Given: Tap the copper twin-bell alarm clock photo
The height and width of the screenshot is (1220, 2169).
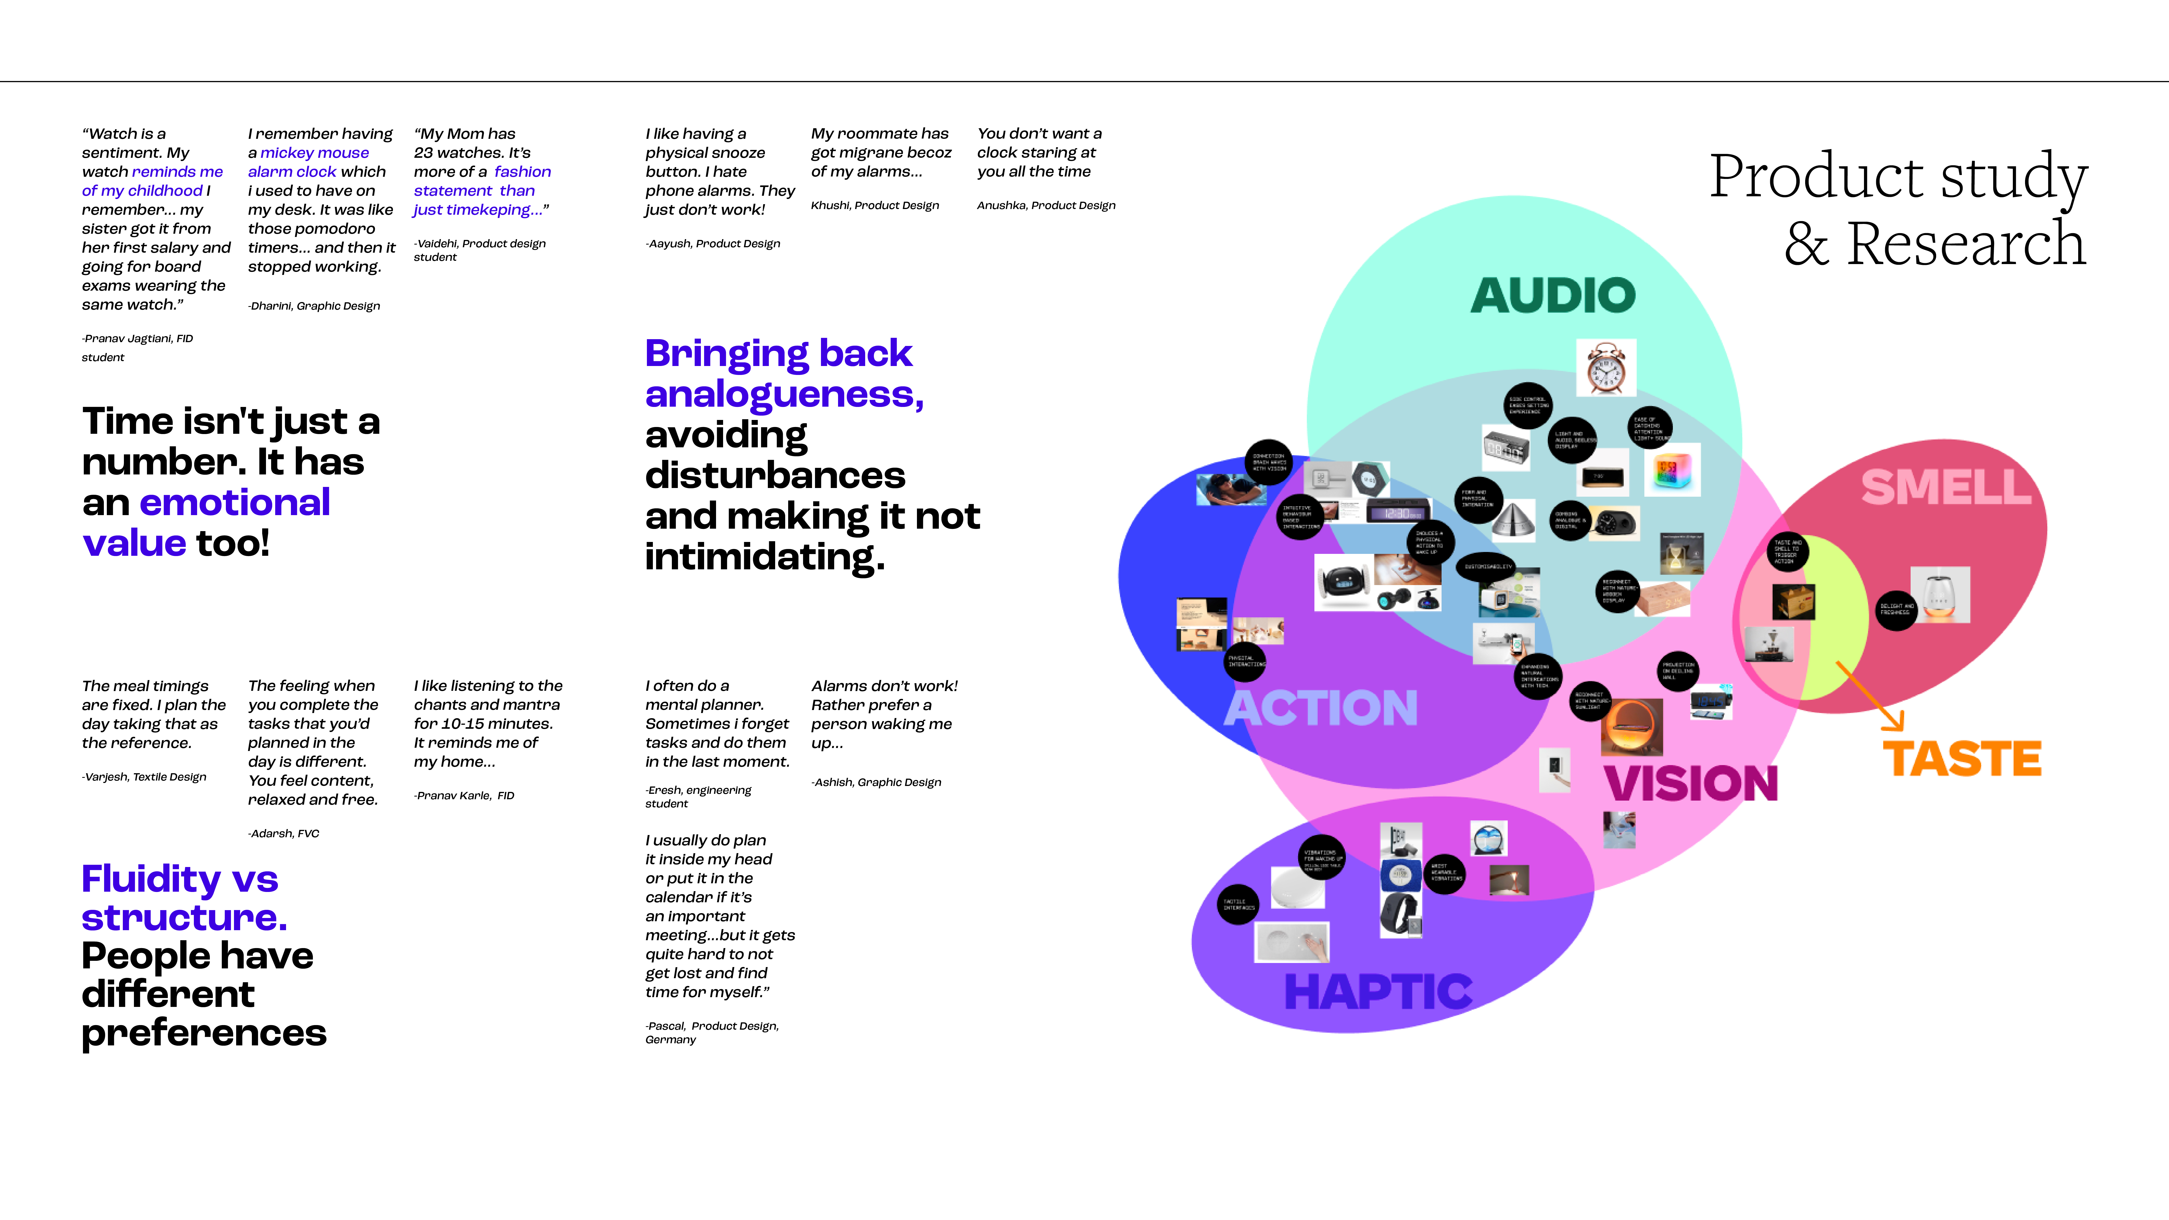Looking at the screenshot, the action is [1606, 368].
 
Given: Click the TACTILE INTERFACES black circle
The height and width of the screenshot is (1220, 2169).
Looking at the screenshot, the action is [1238, 904].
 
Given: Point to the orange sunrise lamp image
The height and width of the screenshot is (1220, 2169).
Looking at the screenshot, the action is [1632, 727].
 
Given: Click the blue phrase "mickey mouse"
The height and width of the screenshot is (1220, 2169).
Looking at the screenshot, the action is [314, 152].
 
